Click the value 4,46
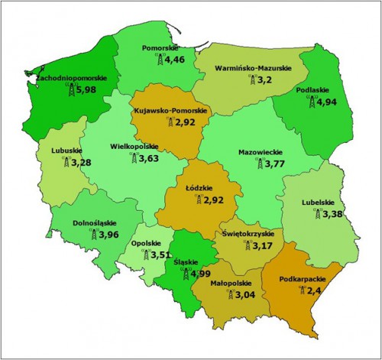tap(175, 60)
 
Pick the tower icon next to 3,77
tap(255, 163)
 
